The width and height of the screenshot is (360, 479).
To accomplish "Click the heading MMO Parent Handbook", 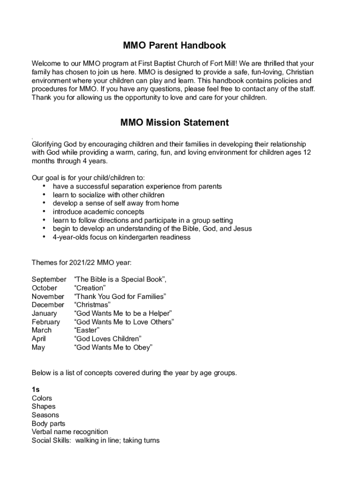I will pyautogui.click(x=174, y=45).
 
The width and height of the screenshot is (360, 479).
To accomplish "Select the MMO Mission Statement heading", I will pyautogui.click(x=174, y=123).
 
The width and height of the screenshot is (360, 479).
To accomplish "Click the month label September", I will pyautogui.click(x=49, y=279).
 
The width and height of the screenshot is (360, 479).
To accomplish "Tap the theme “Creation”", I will pyautogui.click(x=90, y=288).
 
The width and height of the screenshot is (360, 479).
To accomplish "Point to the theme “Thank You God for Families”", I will pyautogui.click(x=120, y=296).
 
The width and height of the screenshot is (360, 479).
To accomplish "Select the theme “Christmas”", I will pyautogui.click(x=92, y=305).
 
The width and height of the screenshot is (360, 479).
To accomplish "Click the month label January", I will pyautogui.click(x=44, y=313).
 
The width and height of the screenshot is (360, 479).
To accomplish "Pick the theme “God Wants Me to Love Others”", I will pyautogui.click(x=124, y=322).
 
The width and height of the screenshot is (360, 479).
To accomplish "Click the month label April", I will pyautogui.click(x=39, y=339).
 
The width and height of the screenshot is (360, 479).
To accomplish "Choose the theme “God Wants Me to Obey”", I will pyautogui.click(x=113, y=347).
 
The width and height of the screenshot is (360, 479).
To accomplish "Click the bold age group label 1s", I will pyautogui.click(x=36, y=390).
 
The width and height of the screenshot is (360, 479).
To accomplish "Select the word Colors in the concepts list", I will pyautogui.click(x=42, y=398).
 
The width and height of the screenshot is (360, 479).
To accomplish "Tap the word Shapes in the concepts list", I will pyautogui.click(x=43, y=406).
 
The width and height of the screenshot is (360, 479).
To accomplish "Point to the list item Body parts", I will pyautogui.click(x=48, y=423).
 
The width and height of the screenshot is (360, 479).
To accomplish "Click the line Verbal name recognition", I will pyautogui.click(x=70, y=432).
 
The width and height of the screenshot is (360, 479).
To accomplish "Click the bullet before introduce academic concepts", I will pyautogui.click(x=44, y=211).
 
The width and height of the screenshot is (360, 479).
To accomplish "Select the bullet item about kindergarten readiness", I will pyautogui.click(x=121, y=237).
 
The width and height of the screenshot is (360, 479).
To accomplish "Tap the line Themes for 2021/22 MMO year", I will pyautogui.click(x=78, y=262).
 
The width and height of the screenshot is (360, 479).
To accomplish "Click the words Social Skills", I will pyautogui.click(x=49, y=440).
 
